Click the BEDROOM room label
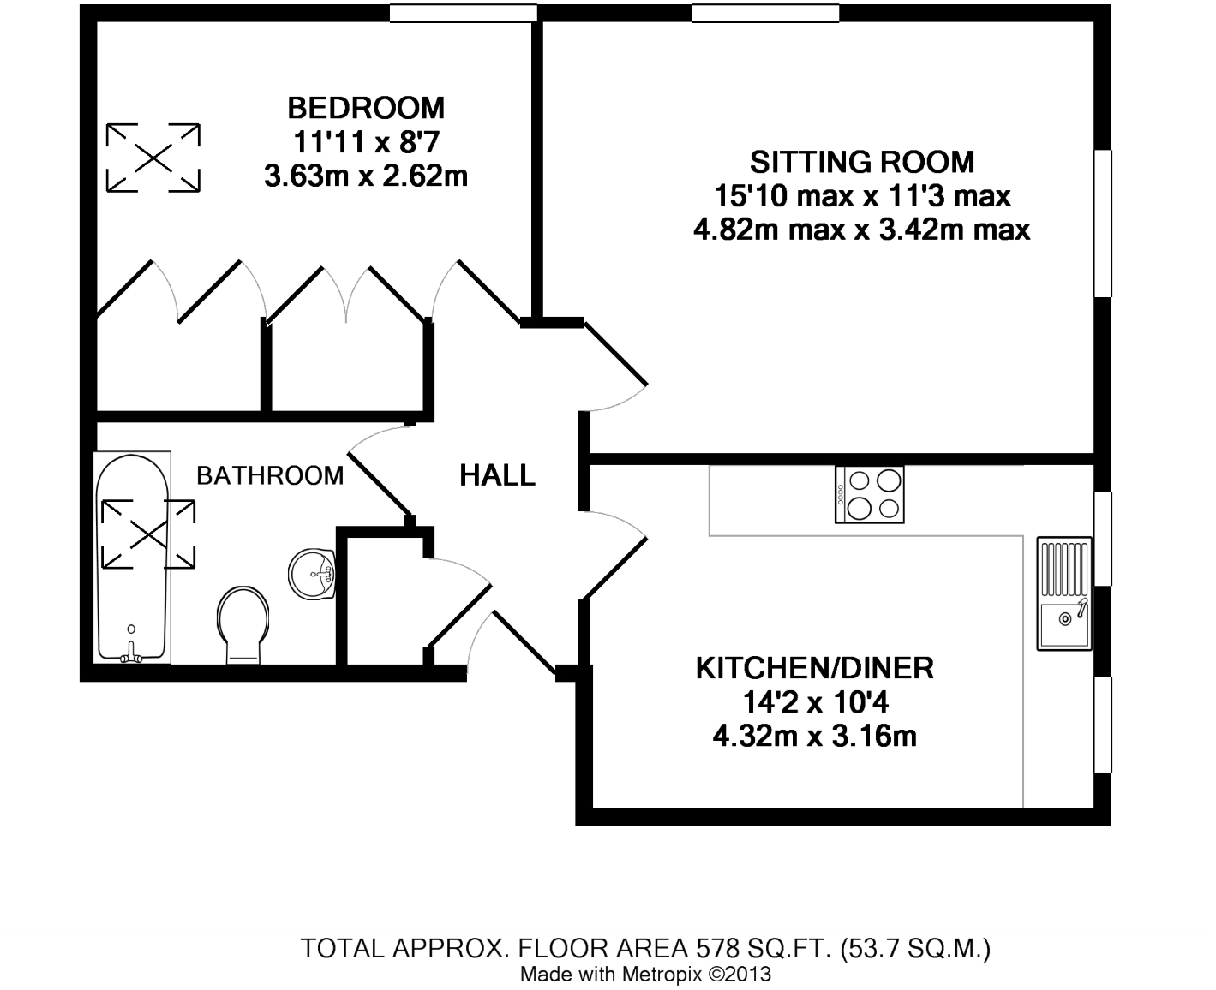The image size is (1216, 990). (366, 108)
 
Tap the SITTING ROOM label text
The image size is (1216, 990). (862, 162)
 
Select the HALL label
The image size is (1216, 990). (497, 475)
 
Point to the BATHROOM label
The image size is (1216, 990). (270, 475)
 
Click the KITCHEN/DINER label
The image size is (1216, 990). (815, 668)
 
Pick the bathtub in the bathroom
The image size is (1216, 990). (132, 558)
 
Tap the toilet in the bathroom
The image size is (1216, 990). (243, 625)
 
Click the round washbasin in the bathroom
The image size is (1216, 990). (312, 574)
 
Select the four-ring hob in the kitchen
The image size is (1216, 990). (870, 495)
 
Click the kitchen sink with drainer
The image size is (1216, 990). (1064, 593)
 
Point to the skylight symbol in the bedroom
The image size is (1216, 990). (153, 158)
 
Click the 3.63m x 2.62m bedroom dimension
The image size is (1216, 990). (366, 176)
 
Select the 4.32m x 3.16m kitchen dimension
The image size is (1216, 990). (815, 737)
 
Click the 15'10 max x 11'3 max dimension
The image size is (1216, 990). (862, 196)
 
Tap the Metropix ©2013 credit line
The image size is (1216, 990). (645, 974)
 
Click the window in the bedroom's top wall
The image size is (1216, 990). (464, 13)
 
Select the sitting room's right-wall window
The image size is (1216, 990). (1102, 224)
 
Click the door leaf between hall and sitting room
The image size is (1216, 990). (616, 354)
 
